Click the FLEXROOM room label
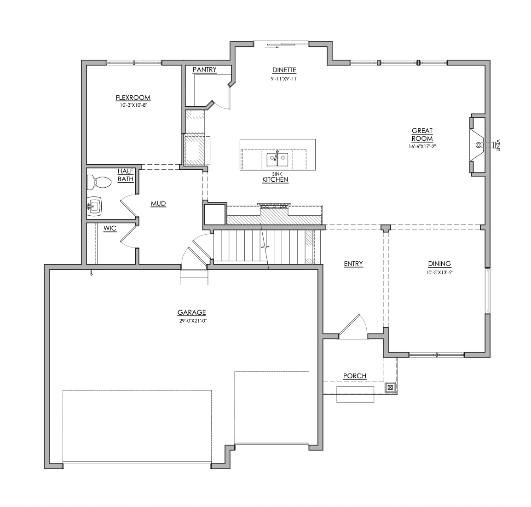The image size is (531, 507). [133, 98]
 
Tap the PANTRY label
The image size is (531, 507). [204, 69]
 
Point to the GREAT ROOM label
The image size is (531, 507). [422, 134]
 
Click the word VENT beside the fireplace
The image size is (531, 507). [498, 145]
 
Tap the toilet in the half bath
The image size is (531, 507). [99, 183]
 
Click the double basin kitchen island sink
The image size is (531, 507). [277, 159]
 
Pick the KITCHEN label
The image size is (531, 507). [275, 179]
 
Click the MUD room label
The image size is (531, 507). [158, 203]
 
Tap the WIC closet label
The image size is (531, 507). [110, 228]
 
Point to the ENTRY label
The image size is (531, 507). [353, 264]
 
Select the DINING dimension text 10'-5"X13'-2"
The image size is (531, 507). [439, 272]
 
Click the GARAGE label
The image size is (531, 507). [191, 312]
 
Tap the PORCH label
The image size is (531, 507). [355, 376]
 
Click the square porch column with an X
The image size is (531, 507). [390, 387]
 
